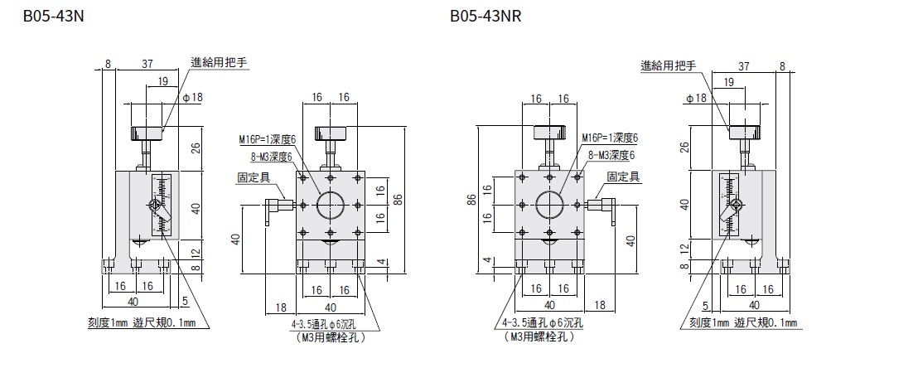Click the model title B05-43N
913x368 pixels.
click(x=55, y=16)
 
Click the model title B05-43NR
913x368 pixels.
click(x=486, y=16)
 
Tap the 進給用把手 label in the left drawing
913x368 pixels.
click(x=220, y=62)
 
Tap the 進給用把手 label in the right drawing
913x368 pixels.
click(x=669, y=65)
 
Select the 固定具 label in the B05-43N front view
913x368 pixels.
click(x=253, y=176)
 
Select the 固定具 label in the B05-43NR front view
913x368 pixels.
click(x=623, y=176)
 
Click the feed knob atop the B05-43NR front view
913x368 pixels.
click(x=549, y=132)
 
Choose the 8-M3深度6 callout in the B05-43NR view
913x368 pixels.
click(x=611, y=155)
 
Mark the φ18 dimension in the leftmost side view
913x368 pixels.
click(x=192, y=98)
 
